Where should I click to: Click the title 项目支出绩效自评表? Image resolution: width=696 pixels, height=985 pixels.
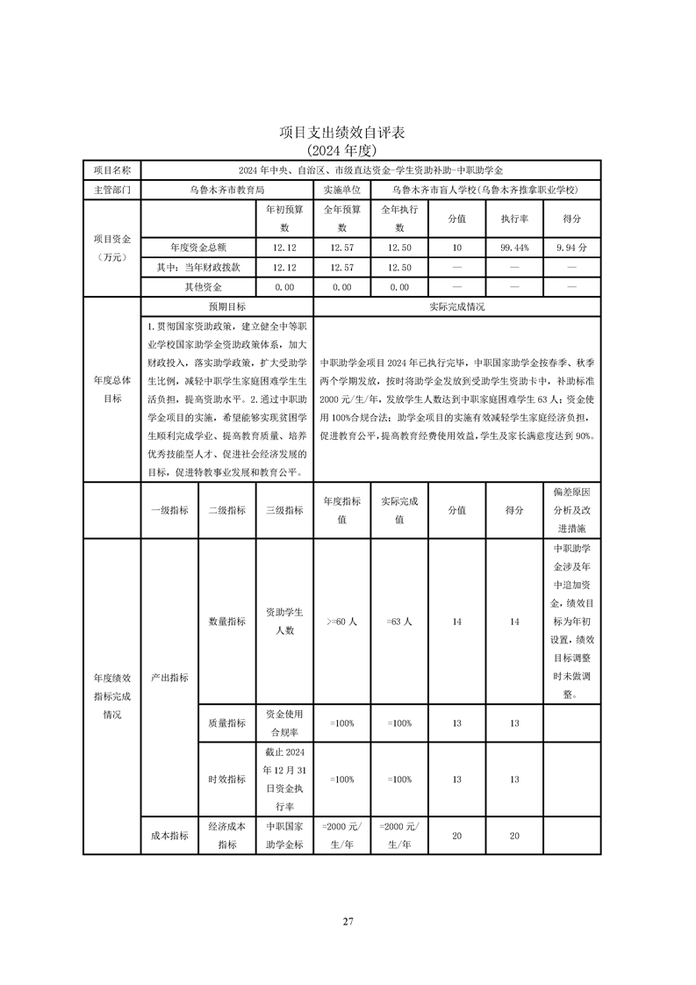click(x=348, y=133)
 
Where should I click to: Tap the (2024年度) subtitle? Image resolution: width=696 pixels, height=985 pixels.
click(x=348, y=150)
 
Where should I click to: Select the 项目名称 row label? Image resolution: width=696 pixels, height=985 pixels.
click(x=111, y=169)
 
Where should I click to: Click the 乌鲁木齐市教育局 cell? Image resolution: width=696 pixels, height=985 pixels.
click(x=226, y=189)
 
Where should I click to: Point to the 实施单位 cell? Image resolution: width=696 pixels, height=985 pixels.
click(x=341, y=189)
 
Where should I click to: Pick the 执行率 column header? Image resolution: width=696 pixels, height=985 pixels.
click(x=514, y=219)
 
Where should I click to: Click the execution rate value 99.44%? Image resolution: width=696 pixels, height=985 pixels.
click(x=514, y=248)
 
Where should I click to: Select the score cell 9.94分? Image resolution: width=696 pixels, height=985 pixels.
click(x=571, y=248)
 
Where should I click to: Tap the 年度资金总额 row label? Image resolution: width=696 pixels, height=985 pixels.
click(x=197, y=248)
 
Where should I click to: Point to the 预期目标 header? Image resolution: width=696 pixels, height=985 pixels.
click(x=226, y=307)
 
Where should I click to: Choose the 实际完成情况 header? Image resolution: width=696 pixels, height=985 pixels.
click(x=456, y=307)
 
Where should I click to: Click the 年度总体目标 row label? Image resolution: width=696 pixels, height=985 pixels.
click(x=111, y=389)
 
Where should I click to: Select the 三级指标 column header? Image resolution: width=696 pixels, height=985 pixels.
click(x=283, y=510)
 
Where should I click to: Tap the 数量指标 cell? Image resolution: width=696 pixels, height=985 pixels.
click(x=226, y=622)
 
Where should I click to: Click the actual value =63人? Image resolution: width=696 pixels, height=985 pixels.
click(x=398, y=622)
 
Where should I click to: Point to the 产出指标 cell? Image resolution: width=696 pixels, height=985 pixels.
click(x=169, y=678)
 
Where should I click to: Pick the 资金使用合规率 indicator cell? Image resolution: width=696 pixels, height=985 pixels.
click(x=283, y=723)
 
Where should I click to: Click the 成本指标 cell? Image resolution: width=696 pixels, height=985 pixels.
click(x=169, y=835)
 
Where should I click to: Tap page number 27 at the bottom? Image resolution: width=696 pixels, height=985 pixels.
click(x=348, y=921)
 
